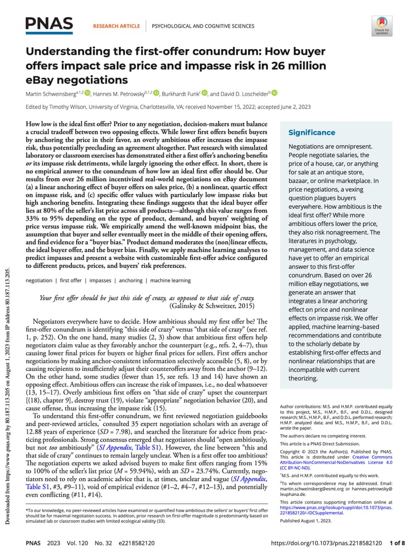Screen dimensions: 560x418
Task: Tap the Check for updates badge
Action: pyautogui.click(x=381, y=26)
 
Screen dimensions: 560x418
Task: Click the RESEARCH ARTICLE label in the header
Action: pyautogui.click(x=116, y=26)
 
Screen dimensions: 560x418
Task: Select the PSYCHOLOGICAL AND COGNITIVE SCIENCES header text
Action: pyautogui.click(x=203, y=26)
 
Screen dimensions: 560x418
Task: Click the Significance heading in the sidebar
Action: pyautogui.click(x=312, y=133)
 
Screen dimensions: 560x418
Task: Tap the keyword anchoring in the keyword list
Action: pyautogui.click(x=131, y=281)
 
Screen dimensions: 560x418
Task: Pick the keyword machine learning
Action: pyautogui.click(x=170, y=281)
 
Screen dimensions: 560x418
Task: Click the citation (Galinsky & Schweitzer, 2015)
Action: pyautogui.click(x=211, y=306)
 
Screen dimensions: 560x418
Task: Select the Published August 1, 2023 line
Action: pyautogui.click(x=306, y=520)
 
